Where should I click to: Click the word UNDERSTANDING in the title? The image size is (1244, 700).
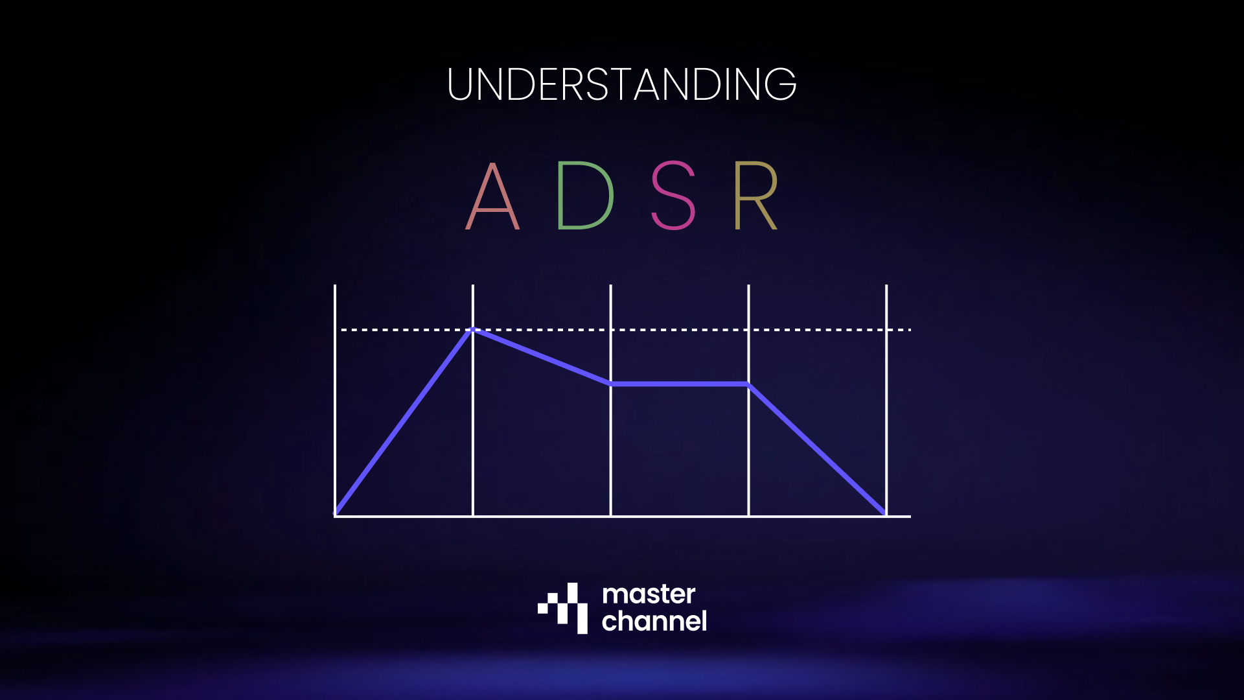click(x=621, y=84)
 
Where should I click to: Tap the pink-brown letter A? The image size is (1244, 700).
click(x=492, y=196)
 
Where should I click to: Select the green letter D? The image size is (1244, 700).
click(x=585, y=196)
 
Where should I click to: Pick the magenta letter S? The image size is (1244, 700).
click(x=673, y=196)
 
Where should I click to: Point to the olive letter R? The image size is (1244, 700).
click(x=755, y=196)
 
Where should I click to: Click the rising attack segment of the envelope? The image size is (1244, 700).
click(x=404, y=422)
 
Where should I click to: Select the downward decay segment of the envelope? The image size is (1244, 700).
click(x=542, y=356)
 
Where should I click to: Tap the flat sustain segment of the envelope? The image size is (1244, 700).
click(x=680, y=384)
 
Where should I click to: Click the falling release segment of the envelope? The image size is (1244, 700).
click(x=817, y=449)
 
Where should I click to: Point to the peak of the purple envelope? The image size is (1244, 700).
click(x=473, y=329)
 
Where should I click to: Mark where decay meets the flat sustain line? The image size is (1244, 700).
click(x=611, y=384)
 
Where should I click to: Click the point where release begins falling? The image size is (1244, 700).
click(x=748, y=384)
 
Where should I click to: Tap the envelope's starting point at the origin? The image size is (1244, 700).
click(x=336, y=515)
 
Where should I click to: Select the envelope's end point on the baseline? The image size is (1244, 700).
click(x=885, y=515)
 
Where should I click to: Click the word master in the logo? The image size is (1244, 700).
click(x=649, y=594)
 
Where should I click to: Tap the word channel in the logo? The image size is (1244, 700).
click(x=654, y=622)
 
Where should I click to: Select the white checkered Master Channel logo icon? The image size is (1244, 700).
click(x=563, y=608)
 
